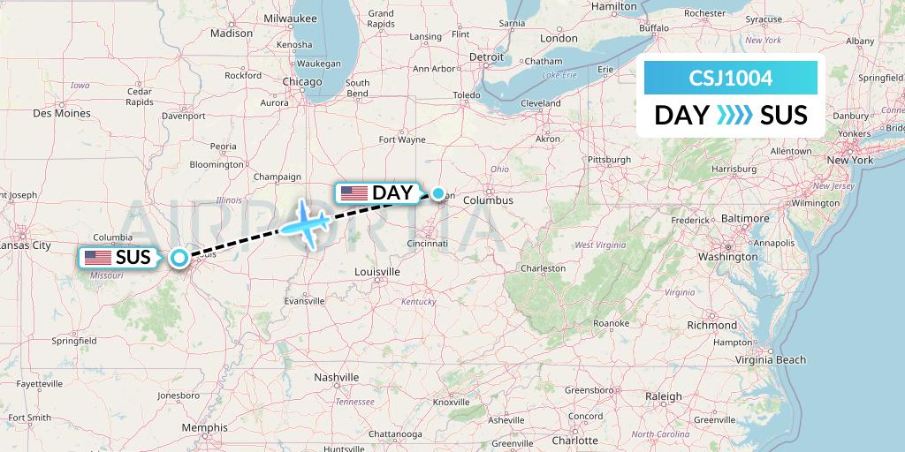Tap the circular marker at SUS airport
click(179, 258)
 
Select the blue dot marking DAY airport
click(438, 192)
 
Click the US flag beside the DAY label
click(354, 192)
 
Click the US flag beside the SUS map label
click(98, 258)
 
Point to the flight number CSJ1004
click(730, 79)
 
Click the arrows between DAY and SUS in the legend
click(734, 115)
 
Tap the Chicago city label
click(302, 81)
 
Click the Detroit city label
click(485, 56)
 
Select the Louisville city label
click(378, 271)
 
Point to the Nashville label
click(337, 377)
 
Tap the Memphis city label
click(205, 427)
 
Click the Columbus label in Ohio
click(487, 200)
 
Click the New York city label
click(849, 160)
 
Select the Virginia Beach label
click(772, 359)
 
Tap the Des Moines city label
click(61, 113)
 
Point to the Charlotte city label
click(574, 439)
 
